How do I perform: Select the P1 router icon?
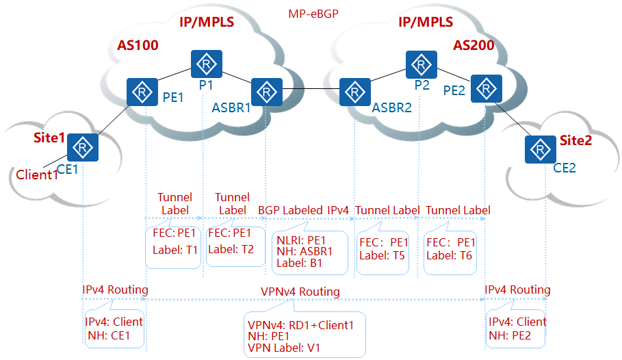(x=207, y=64)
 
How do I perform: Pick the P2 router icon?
(x=422, y=64)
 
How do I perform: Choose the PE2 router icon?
(x=485, y=88)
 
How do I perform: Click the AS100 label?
(x=138, y=46)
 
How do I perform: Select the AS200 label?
(x=474, y=46)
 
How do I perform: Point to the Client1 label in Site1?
(x=37, y=175)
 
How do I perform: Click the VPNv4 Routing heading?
(x=300, y=292)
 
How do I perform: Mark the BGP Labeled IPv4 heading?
(x=303, y=209)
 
